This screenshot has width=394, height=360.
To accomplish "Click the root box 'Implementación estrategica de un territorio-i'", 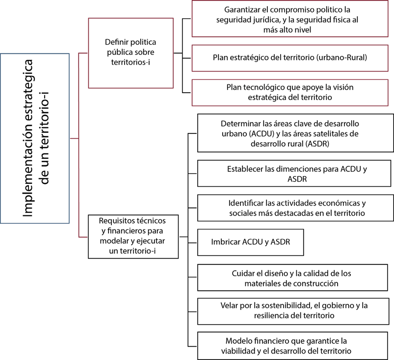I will pos(35,139).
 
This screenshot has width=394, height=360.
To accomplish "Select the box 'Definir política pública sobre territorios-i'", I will pos(131,53).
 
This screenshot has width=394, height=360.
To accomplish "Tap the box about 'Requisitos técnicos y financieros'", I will pos(133,236).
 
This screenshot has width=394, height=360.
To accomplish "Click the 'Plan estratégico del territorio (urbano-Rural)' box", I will pos(290,57).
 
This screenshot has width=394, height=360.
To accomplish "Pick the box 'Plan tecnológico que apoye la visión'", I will pos(290,92).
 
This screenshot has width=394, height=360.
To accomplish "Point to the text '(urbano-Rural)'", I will pos(343,57).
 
